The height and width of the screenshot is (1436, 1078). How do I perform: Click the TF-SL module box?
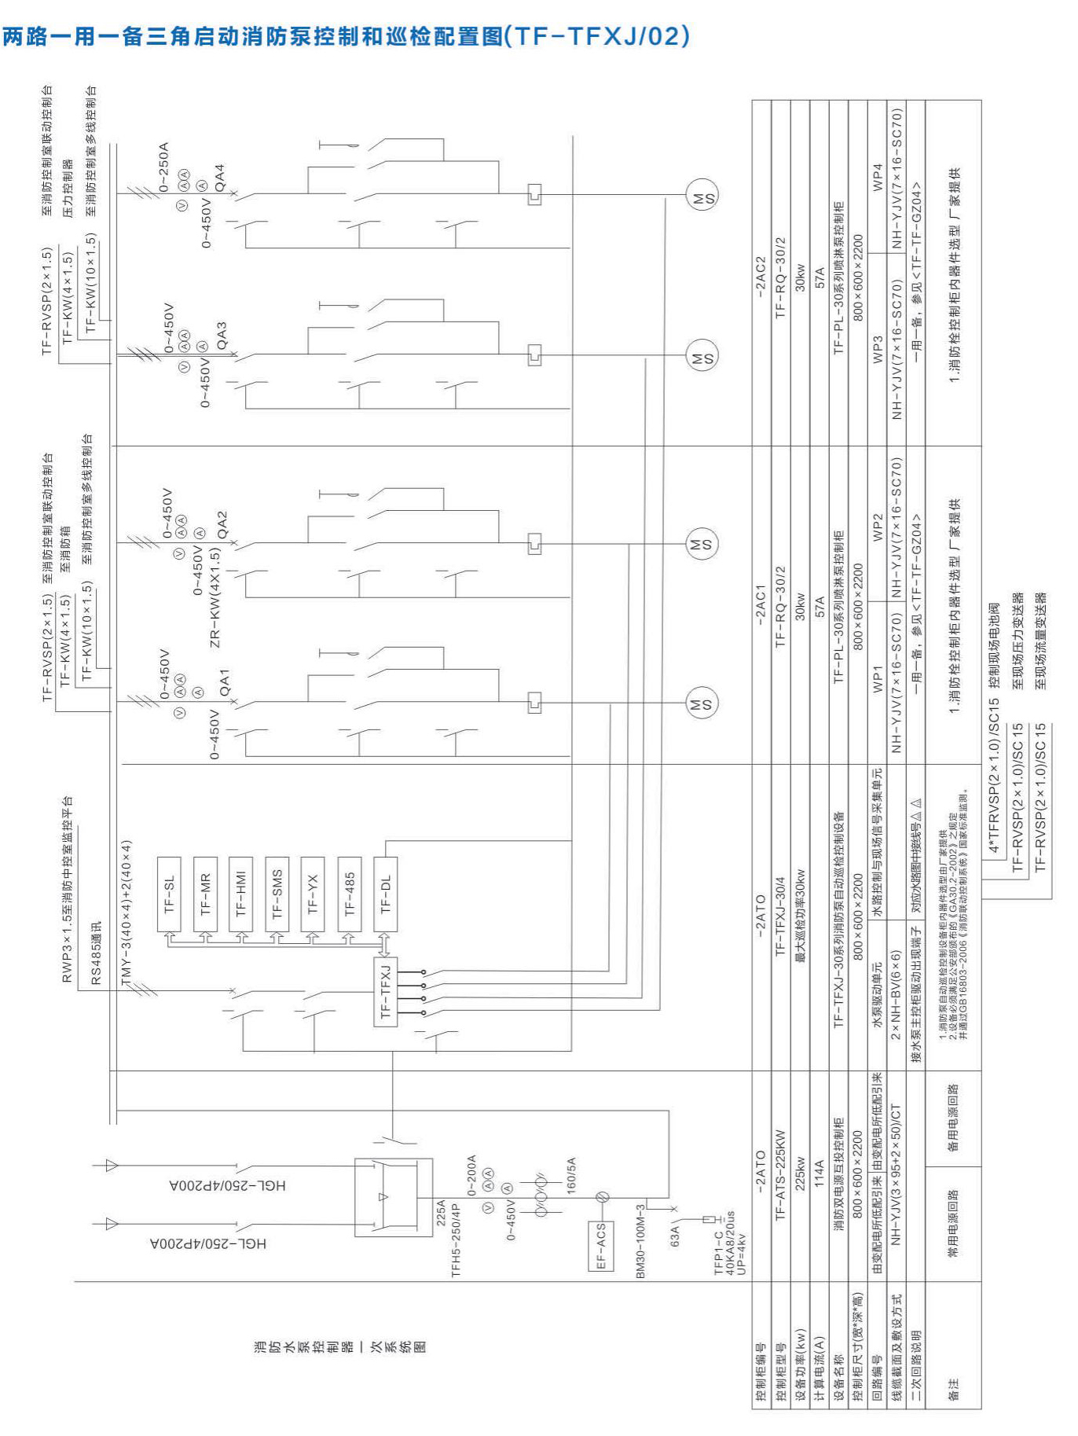pos(169,894)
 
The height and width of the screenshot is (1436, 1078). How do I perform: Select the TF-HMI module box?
pos(241,894)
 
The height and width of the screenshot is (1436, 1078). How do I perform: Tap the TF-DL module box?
pos(385,894)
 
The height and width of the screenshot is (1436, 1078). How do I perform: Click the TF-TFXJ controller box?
pos(385,992)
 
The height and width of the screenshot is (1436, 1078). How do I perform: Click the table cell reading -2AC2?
pos(761,274)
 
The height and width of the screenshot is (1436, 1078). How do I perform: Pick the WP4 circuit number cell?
pos(878,177)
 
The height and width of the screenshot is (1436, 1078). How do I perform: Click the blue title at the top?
pos(346,36)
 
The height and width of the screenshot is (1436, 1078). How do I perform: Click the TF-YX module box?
pos(313,894)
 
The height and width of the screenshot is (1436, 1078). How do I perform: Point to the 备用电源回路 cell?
pos(953,1118)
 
